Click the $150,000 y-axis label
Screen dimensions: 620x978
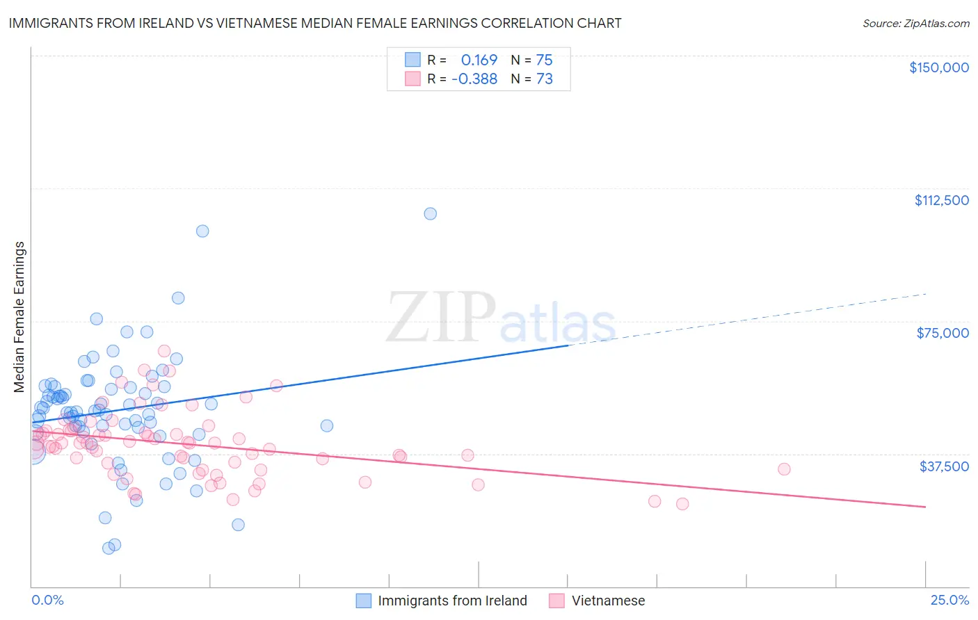point(938,67)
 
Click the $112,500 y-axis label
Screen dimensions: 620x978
point(941,200)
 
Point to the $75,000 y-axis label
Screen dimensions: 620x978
point(943,333)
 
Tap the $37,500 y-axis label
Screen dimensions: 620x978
point(944,466)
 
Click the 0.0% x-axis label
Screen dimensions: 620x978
point(47,600)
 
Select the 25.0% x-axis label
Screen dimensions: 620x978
point(949,600)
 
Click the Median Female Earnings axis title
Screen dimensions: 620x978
point(19,317)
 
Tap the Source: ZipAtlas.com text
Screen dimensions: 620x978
point(915,23)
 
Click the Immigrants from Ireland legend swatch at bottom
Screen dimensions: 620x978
point(364,601)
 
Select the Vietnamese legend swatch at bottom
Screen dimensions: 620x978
point(556,601)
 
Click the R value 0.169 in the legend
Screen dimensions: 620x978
point(479,60)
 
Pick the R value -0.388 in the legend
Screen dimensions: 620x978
point(474,79)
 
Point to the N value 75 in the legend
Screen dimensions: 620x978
point(544,60)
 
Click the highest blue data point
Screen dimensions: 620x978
point(431,213)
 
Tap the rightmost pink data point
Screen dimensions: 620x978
point(784,469)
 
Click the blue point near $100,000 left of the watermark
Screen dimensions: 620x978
point(202,231)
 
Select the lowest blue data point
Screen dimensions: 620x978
point(109,548)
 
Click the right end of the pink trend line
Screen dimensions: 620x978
point(925,507)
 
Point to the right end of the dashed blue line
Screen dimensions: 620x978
point(925,294)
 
